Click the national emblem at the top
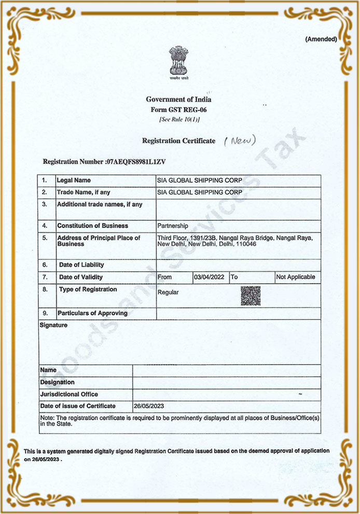pos(178,63)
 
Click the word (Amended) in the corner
pos(321,39)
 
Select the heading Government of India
pos(178,100)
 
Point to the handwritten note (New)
pos(240,140)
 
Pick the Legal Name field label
pos(74,180)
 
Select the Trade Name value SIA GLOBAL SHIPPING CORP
pos(200,192)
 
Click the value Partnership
pos(173,226)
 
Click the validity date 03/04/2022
pos(209,277)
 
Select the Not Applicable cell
pos(296,277)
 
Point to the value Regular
pos(168,293)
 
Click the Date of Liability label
pos(81,265)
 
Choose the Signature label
pos(53,325)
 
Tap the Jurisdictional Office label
pos(69,394)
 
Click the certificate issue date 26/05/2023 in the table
pos(149,406)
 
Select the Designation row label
pos(57,382)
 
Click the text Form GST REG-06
pos(179,109)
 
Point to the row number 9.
pos(45,313)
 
